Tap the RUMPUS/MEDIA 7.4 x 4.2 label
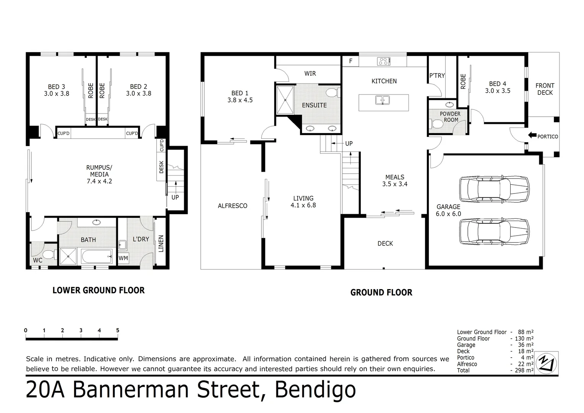click(x=99, y=174)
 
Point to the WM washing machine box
click(x=123, y=258)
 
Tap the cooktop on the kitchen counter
click(x=383, y=61)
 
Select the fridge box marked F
click(x=350, y=61)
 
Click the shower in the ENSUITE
click(x=285, y=100)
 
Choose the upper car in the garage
click(x=495, y=189)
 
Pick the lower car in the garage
click(x=495, y=231)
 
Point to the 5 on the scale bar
click(x=118, y=330)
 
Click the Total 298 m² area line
click(x=495, y=370)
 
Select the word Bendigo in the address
click(x=315, y=390)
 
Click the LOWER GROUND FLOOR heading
click(x=99, y=290)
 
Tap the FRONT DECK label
click(x=545, y=89)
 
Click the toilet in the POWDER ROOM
click(x=435, y=124)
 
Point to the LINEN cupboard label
click(x=161, y=243)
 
